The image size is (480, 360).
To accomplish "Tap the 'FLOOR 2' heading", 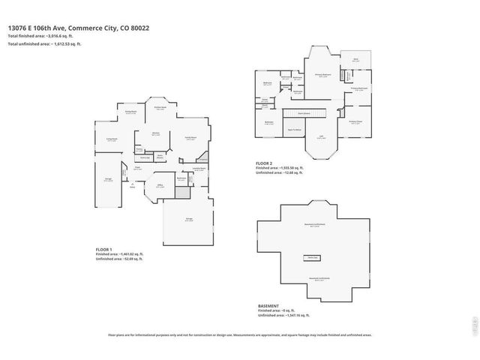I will (264, 162).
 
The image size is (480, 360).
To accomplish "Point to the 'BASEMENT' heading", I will (268, 305).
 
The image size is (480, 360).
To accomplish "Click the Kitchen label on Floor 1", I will (156, 133).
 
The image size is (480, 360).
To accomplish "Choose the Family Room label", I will (190, 138).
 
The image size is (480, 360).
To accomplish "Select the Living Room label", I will (112, 139).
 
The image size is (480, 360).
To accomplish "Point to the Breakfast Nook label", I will (160, 108).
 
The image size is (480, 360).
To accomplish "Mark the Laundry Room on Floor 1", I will (199, 169).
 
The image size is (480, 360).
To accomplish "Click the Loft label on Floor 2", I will (320, 137).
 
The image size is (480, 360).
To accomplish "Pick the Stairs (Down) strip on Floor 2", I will (304, 113).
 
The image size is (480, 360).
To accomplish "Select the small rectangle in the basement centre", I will (312, 257).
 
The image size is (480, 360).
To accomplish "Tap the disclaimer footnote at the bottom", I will (239, 335).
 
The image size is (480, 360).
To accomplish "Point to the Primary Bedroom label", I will (323, 75).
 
